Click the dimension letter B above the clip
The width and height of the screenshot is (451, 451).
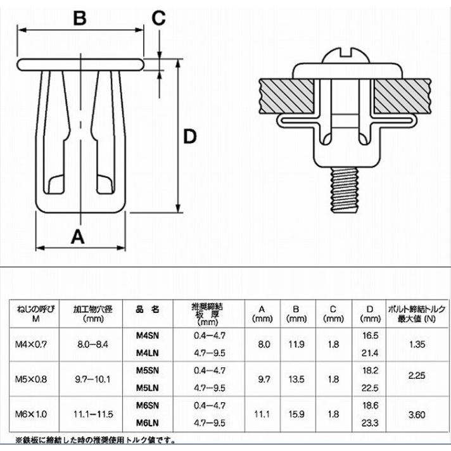pos(80,18)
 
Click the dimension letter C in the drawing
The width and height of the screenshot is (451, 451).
pos(158,18)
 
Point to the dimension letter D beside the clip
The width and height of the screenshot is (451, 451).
pos(190,137)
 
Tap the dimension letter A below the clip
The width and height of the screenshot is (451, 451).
pos(78,237)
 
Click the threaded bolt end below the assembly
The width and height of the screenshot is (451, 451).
pos(345,190)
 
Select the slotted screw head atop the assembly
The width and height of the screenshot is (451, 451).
pos(345,56)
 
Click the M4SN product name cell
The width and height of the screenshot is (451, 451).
pos(147,336)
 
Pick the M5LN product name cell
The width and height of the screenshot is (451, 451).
pos(147,388)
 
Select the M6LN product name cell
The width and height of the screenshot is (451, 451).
pos(147,423)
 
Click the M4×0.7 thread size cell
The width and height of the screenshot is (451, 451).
pos(31,345)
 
